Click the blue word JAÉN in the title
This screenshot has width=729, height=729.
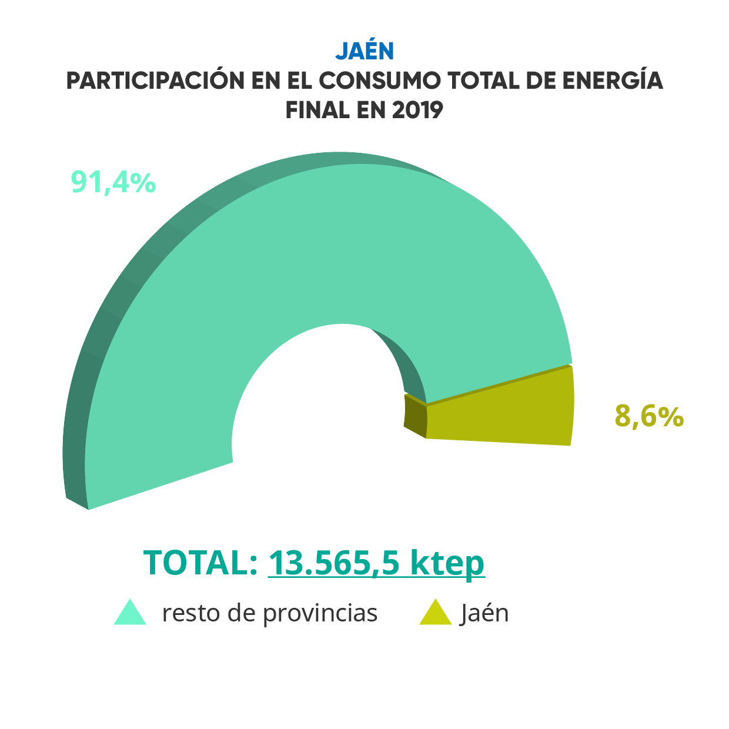[x=364, y=51]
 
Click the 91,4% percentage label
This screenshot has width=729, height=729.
[x=113, y=182]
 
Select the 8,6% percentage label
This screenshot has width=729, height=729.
[x=649, y=417]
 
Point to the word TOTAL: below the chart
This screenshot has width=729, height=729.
[x=200, y=563]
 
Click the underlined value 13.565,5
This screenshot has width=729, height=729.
[x=334, y=563]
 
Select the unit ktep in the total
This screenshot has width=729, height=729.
[x=447, y=563]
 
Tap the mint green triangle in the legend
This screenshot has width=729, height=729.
[x=130, y=614]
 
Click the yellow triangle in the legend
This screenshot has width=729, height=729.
[x=435, y=614]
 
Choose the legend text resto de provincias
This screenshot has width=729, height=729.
[x=270, y=613]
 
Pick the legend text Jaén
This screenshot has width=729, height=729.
[x=484, y=613]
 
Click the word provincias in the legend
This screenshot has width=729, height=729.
[x=320, y=613]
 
